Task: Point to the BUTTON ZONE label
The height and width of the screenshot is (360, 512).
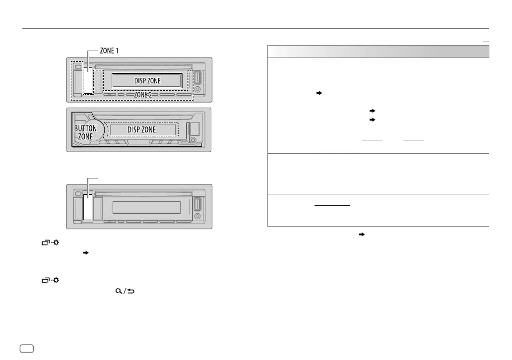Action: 85,131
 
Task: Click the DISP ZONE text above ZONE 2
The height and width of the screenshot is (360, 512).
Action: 151,80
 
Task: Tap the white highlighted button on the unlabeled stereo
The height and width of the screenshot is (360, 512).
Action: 88,207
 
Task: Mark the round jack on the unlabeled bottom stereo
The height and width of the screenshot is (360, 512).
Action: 198,217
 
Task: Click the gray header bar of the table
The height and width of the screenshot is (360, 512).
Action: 379,52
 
